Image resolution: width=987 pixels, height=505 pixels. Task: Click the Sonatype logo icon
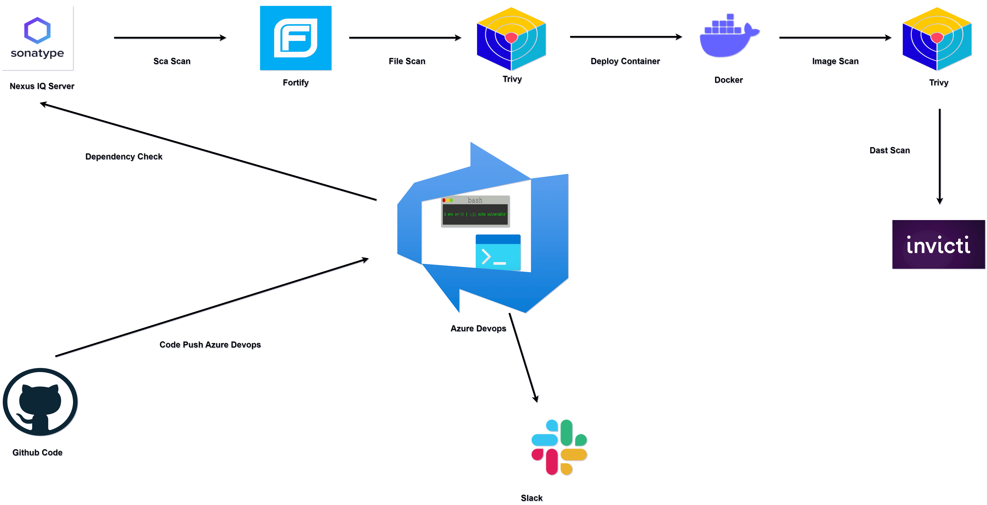(x=37, y=38)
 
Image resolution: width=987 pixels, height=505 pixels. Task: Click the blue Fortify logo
(x=295, y=38)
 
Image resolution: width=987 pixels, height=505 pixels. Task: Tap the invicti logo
(x=938, y=244)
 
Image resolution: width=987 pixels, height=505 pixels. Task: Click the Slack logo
(x=559, y=447)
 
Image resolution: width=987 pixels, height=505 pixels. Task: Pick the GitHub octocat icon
(x=40, y=402)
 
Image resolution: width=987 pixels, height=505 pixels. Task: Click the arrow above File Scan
(x=405, y=38)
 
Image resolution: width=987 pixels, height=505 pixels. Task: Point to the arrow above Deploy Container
(x=626, y=37)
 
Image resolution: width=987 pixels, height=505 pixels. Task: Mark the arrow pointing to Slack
(x=523, y=357)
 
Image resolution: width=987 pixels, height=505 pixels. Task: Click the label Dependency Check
(x=124, y=156)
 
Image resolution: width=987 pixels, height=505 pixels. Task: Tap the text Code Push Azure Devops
(x=210, y=344)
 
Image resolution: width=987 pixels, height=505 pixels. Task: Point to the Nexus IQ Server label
(x=42, y=86)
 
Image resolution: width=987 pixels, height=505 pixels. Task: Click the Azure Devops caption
(x=478, y=328)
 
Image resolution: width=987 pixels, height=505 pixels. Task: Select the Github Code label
(x=37, y=452)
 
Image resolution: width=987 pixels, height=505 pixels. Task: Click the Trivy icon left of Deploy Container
(x=511, y=38)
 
